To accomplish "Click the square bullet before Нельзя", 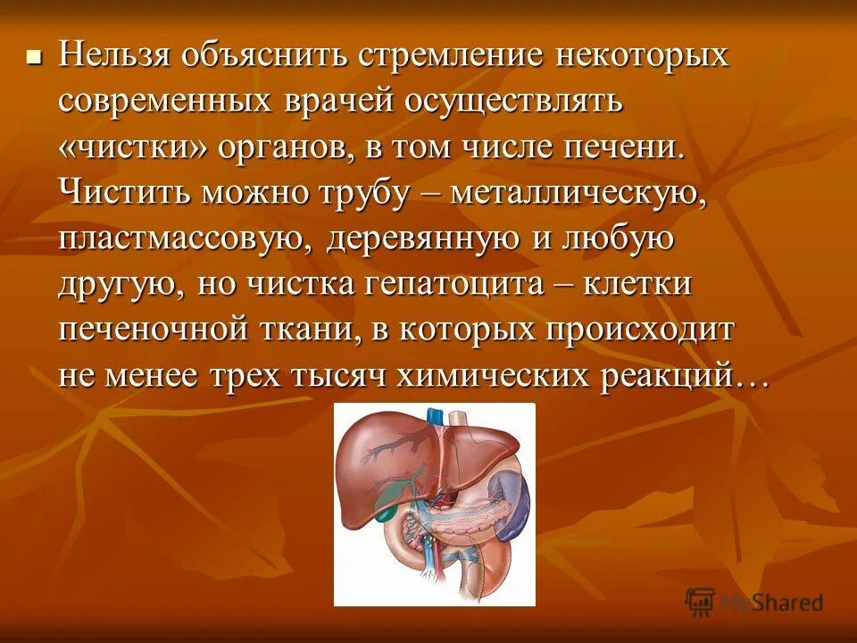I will pyautogui.click(x=35, y=58).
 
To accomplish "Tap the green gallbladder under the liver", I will pyautogui.click(x=390, y=490).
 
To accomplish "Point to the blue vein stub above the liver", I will pyautogui.click(x=435, y=415).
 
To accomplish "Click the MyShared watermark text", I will pyautogui.click(x=771, y=603).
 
